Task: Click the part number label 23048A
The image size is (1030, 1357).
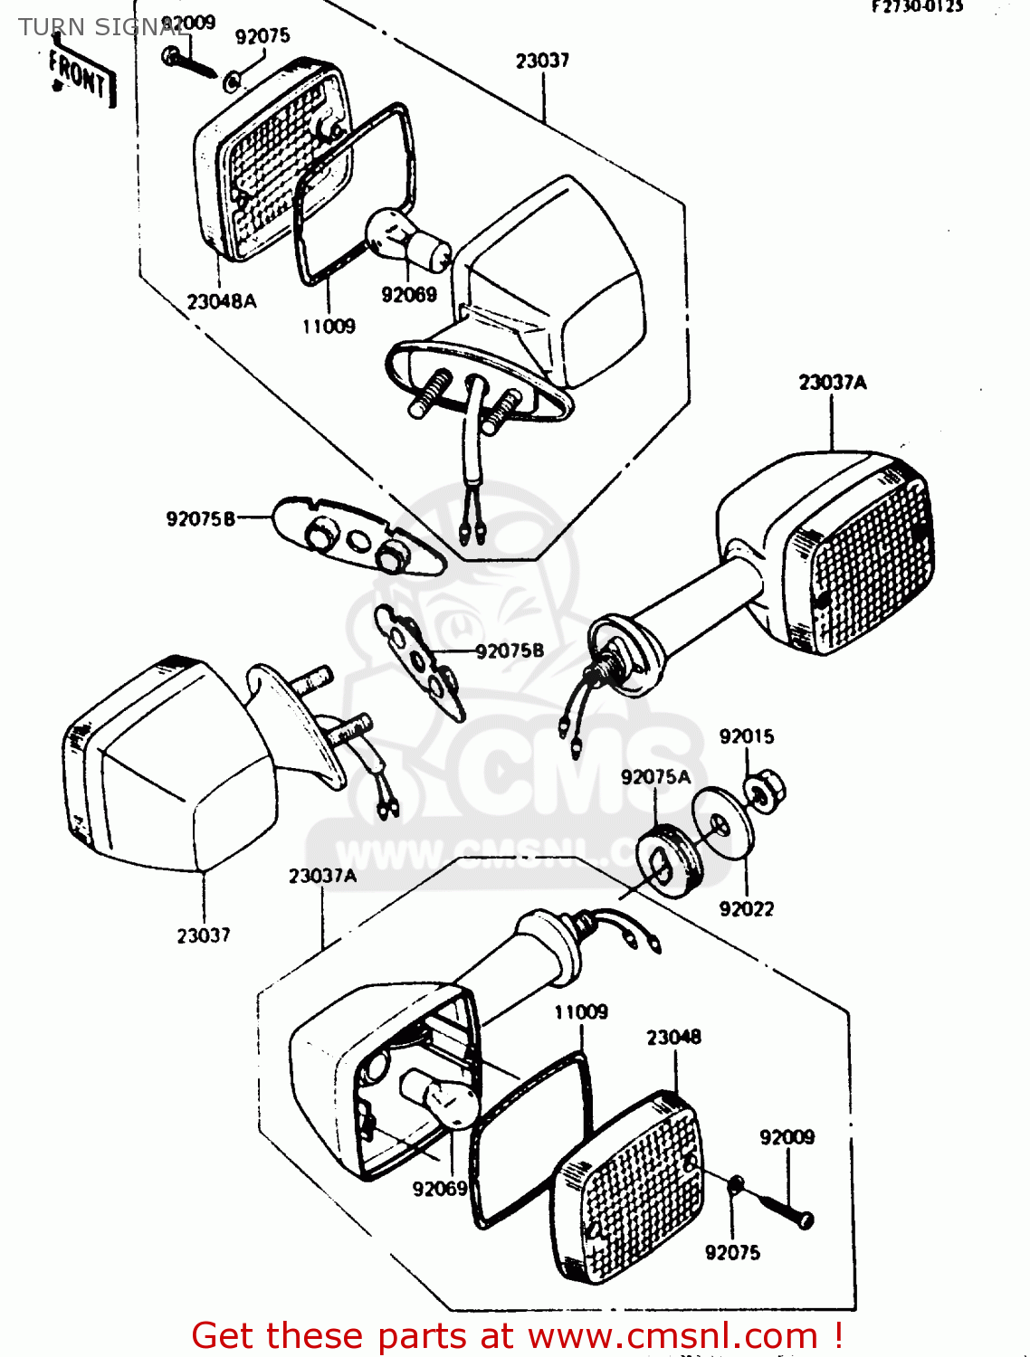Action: (x=222, y=301)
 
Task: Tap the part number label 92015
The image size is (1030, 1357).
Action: (x=747, y=736)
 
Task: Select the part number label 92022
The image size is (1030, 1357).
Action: (x=747, y=909)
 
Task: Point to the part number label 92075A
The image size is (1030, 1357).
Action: (x=655, y=777)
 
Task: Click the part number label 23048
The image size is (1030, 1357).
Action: (x=673, y=1038)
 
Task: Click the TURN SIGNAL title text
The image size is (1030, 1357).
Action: (x=100, y=27)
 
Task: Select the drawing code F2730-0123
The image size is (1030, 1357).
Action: (x=917, y=7)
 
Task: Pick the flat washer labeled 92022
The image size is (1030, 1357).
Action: (x=722, y=823)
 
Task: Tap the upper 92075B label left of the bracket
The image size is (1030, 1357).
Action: (x=200, y=518)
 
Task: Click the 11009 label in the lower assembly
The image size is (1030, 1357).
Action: (x=581, y=1012)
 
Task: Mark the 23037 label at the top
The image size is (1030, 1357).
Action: (x=542, y=61)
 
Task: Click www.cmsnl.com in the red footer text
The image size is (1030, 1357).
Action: (x=672, y=1336)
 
